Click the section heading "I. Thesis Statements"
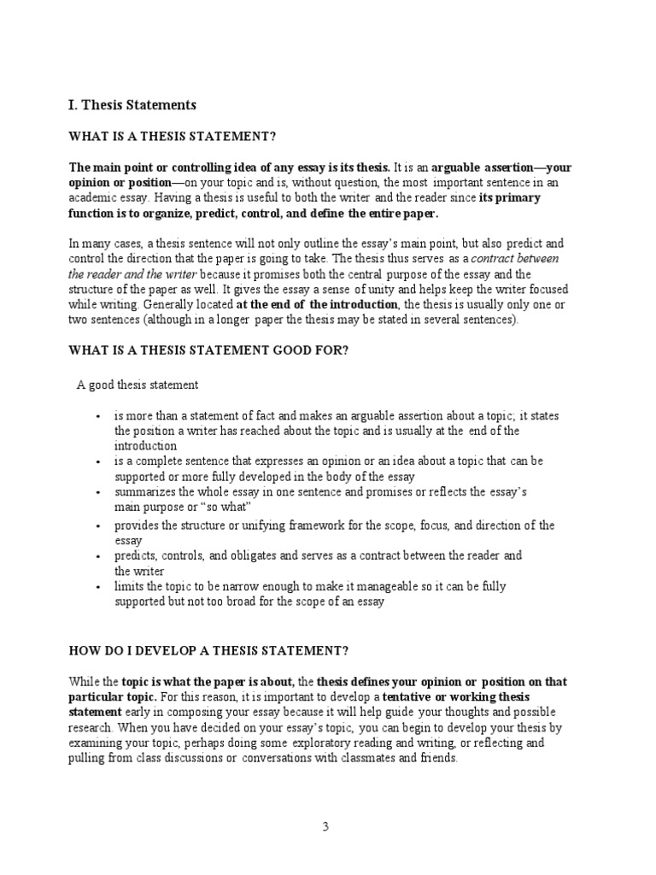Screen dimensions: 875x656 tap(132, 105)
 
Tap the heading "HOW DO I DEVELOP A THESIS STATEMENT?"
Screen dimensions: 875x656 tap(208, 650)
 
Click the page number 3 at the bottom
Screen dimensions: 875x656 tap(325, 826)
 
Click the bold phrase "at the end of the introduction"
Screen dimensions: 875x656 tap(318, 304)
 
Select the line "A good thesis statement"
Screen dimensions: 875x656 tap(138, 385)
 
